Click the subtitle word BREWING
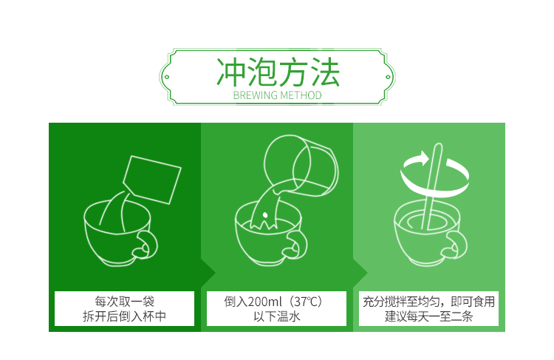click(x=255, y=95)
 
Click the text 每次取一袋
click(x=123, y=302)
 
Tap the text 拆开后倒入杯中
click(x=123, y=317)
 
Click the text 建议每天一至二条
click(x=428, y=317)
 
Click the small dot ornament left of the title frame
click(x=168, y=75)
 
